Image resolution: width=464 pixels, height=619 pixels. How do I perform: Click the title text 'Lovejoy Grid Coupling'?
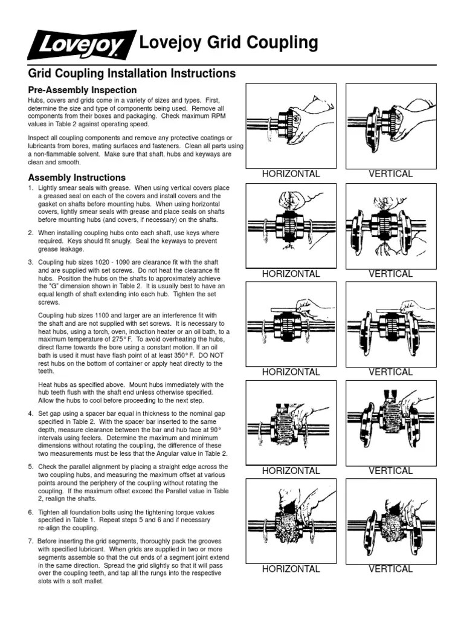click(x=228, y=43)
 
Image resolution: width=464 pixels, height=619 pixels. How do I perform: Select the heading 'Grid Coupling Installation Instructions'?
click(x=132, y=74)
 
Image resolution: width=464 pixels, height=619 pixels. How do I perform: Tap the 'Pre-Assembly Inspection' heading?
click(x=83, y=89)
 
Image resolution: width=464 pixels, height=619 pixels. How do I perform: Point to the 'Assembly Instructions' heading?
click(x=77, y=178)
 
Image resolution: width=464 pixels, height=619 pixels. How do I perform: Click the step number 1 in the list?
click(x=31, y=189)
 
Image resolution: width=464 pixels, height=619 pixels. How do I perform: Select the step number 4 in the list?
click(x=31, y=413)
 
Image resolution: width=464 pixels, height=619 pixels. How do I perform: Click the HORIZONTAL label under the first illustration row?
click(x=291, y=174)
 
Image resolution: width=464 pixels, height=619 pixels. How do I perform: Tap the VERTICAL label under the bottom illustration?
click(x=391, y=569)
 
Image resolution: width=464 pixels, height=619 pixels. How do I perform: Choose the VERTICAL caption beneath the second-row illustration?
click(x=391, y=274)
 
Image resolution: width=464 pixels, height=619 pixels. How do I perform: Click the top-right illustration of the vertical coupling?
click(x=390, y=125)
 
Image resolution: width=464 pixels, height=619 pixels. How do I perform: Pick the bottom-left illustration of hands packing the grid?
click(x=292, y=519)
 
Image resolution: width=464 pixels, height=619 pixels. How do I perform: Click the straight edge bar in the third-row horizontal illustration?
click(x=278, y=311)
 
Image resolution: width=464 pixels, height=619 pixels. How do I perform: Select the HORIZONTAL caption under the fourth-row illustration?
click(x=291, y=470)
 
